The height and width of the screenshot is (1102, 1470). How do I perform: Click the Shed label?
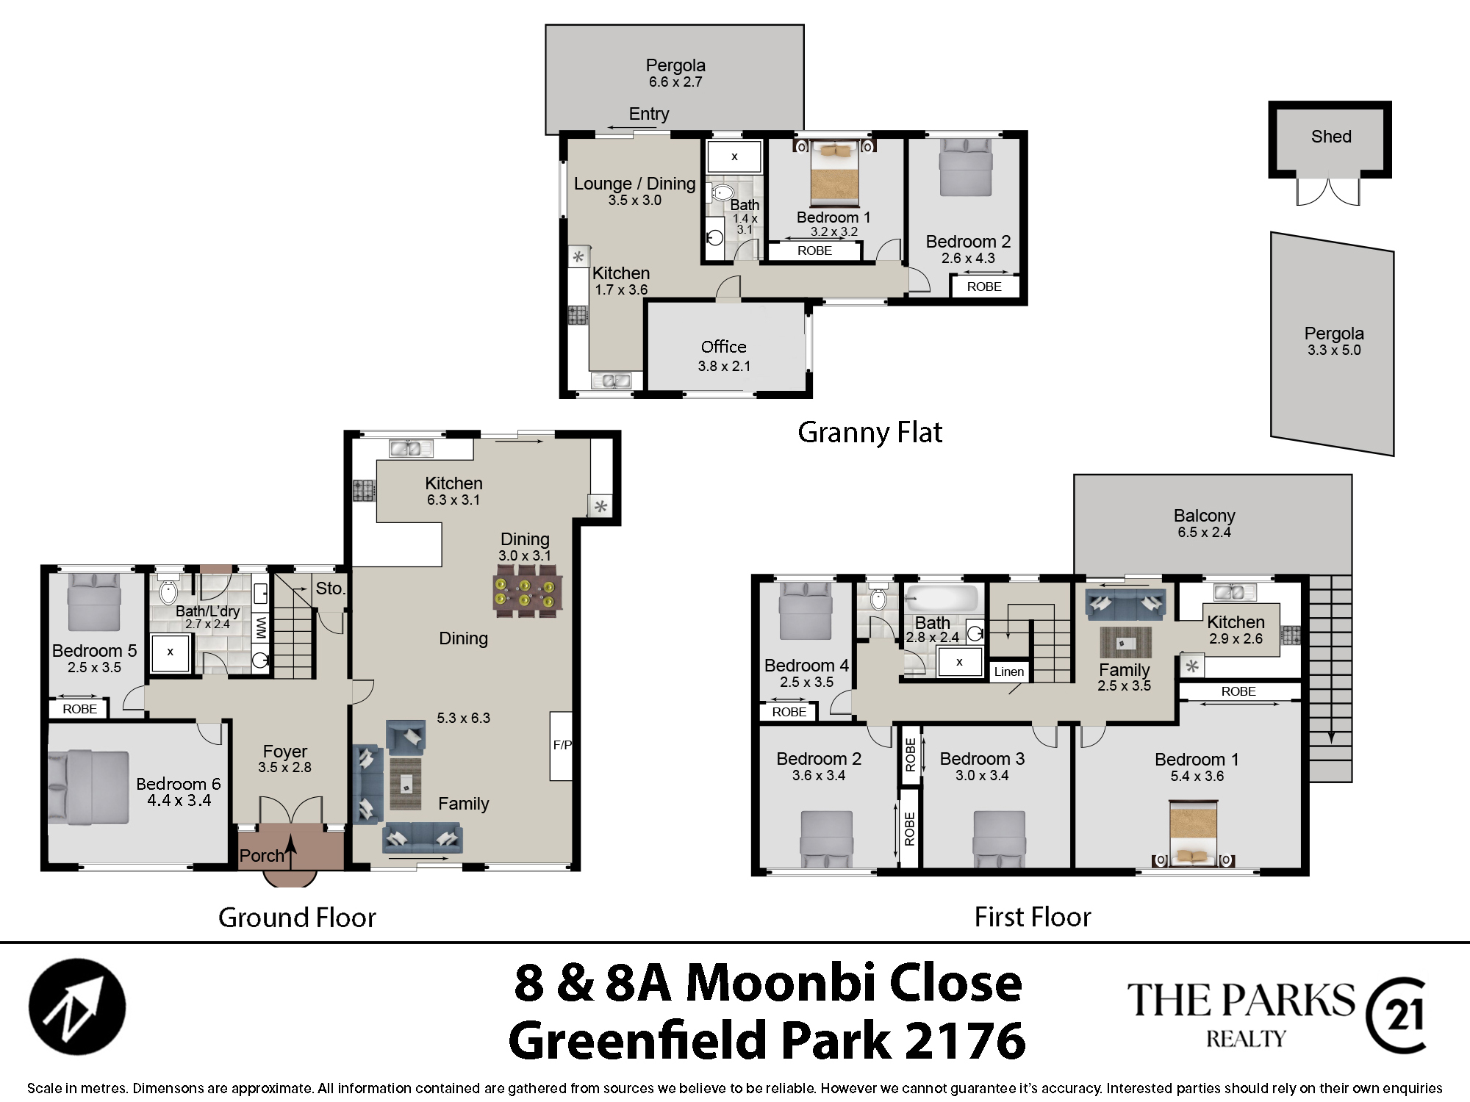click(1331, 137)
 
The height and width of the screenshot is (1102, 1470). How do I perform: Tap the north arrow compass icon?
click(77, 1006)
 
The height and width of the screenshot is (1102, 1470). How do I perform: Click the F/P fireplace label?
click(562, 745)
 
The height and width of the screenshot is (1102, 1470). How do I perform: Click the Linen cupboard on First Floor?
click(1009, 671)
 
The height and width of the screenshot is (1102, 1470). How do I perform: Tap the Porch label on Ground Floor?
click(262, 856)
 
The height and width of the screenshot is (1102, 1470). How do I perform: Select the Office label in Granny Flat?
click(724, 347)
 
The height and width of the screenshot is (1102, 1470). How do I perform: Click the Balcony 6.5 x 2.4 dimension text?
click(1204, 533)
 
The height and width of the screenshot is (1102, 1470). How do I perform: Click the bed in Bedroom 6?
click(89, 788)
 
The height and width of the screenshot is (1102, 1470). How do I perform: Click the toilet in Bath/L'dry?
click(168, 589)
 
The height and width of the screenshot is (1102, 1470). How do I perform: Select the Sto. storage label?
click(330, 588)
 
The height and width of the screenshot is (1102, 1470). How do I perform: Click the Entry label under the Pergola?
click(649, 114)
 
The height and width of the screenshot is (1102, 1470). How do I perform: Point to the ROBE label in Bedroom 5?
click(79, 709)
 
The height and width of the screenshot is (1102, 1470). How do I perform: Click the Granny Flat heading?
click(870, 433)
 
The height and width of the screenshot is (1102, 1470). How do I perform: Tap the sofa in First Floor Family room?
click(1125, 605)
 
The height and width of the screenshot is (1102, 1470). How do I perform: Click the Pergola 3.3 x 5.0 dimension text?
click(1334, 350)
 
